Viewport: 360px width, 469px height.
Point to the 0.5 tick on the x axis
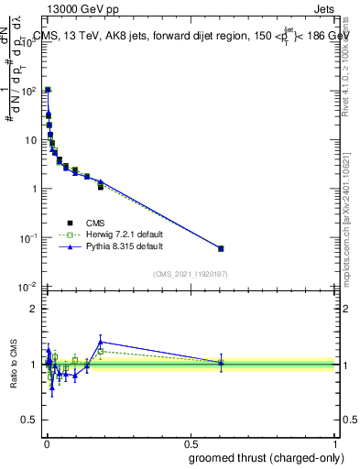point(191,441)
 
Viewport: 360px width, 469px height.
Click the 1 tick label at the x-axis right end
point(334,441)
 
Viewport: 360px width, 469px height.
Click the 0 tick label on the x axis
point(47,441)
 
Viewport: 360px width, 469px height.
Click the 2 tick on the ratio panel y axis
point(36,309)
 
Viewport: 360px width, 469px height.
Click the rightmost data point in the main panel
point(221,248)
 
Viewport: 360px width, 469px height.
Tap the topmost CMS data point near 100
point(48,90)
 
